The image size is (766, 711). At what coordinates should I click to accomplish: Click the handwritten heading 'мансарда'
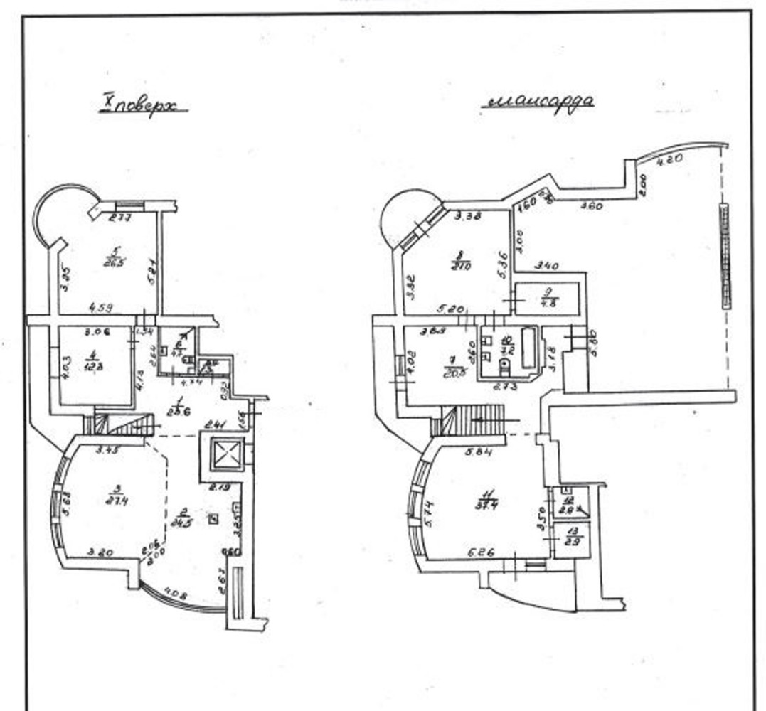pos(538,101)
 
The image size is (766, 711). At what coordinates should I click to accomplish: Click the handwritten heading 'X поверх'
pos(142,107)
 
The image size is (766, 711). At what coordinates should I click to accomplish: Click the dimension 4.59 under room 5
pos(101,309)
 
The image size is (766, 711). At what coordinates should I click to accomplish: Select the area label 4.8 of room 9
pos(548,301)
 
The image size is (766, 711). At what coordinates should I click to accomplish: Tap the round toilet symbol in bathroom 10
pos(505,366)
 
